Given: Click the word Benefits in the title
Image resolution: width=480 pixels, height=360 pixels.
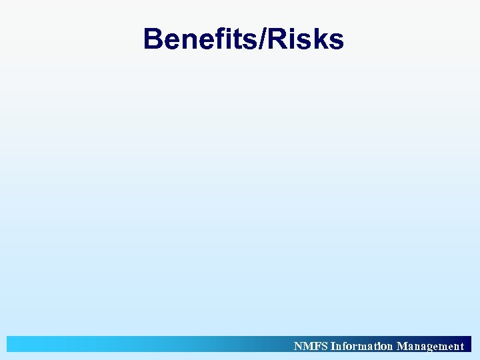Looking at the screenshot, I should [199, 39].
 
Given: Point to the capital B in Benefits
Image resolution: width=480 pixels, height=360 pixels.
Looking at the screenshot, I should [154, 39].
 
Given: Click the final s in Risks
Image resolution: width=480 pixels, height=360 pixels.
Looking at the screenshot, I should [336, 42].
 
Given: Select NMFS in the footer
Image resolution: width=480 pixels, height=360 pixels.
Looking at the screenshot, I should [311, 346].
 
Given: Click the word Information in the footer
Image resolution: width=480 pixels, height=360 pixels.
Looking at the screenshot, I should [361, 346].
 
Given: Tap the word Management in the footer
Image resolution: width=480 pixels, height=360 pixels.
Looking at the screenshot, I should [430, 346].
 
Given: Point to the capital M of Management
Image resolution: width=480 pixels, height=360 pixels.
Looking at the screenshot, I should [402, 346].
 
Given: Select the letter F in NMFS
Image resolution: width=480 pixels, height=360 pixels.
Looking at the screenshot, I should [313, 346].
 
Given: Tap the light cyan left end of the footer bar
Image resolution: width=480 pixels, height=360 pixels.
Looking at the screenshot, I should [20, 344].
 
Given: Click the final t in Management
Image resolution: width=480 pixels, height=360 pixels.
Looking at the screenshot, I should [461, 347].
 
